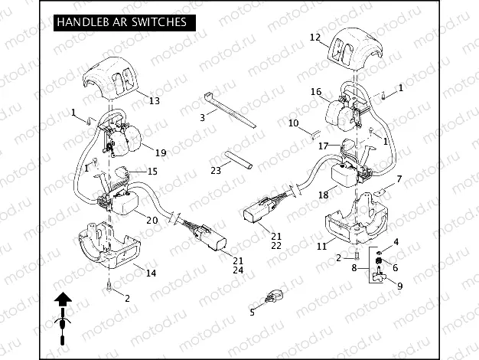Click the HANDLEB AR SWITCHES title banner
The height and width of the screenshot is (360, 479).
click(121, 23)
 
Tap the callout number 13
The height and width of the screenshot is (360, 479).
click(154, 100)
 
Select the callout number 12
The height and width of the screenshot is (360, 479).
click(314, 37)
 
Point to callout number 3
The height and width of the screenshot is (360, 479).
click(202, 117)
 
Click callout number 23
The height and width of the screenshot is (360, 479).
click(216, 170)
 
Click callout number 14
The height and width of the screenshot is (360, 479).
click(151, 273)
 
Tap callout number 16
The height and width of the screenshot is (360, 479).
click(315, 92)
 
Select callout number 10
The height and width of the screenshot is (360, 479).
click(293, 123)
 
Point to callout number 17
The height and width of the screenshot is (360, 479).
click(324, 146)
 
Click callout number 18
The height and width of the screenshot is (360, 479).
click(323, 195)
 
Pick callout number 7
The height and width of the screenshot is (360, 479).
click(399, 178)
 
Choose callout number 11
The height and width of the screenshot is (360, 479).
click(322, 246)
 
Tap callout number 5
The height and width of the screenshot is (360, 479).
click(251, 312)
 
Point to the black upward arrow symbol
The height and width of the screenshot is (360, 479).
click(62, 303)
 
